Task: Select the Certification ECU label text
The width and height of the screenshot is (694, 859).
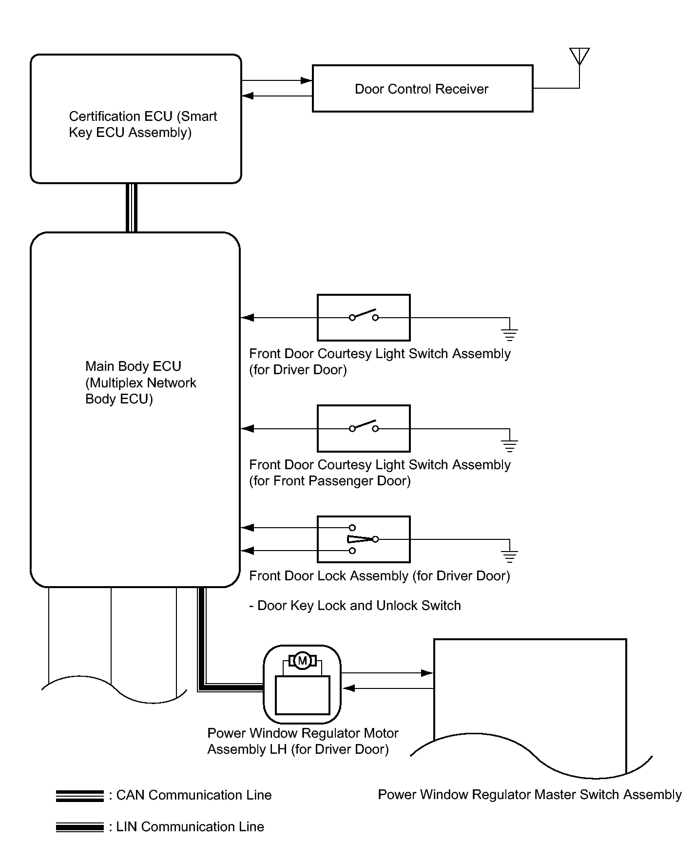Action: (x=143, y=124)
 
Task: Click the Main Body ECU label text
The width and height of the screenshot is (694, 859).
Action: (x=140, y=382)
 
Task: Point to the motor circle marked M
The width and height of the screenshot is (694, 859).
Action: (x=303, y=661)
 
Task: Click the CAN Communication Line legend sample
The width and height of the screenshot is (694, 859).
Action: (x=80, y=796)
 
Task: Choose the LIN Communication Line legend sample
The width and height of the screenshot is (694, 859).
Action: (x=80, y=827)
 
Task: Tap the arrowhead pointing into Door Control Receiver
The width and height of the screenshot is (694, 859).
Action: (x=307, y=80)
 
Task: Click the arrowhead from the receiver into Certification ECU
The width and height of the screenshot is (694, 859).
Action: (x=248, y=96)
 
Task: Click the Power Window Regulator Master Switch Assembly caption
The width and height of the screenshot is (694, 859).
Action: (x=530, y=795)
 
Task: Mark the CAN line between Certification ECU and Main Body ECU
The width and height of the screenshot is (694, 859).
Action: (x=132, y=208)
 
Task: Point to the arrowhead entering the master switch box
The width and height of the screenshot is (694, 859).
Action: (x=427, y=673)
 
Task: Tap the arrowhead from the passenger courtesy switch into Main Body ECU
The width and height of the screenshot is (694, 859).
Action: (x=248, y=428)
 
